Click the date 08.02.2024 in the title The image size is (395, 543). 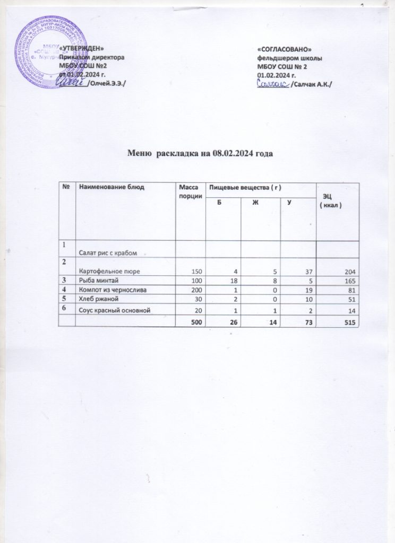click(234, 154)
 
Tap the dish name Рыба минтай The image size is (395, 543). click(96, 281)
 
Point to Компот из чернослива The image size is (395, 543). click(110, 291)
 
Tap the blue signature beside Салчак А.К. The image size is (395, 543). click(271, 84)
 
